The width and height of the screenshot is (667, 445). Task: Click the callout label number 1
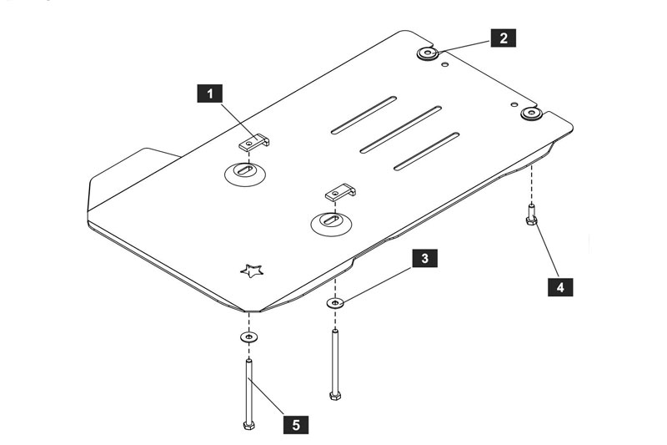point(210,94)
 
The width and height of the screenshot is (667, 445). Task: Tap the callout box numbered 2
point(504,38)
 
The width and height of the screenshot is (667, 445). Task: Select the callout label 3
point(424,258)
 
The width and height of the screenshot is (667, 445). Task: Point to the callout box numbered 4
point(560,287)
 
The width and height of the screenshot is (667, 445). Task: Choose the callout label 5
point(296,424)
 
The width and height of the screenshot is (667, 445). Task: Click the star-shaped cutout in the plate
point(252,271)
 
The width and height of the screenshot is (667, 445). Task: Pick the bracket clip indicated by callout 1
point(254,143)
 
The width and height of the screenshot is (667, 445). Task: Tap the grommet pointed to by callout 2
point(428,53)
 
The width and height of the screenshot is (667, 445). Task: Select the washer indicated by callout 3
point(336,303)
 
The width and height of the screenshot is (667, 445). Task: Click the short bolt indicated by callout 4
point(531,215)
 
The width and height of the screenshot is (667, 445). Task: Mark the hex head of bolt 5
point(248,426)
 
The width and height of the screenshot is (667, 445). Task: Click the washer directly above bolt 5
point(248,337)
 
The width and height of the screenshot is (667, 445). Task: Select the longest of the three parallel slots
point(401,129)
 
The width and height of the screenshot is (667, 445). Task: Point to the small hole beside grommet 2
point(445,64)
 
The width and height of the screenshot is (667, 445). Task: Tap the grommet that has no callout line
point(531,114)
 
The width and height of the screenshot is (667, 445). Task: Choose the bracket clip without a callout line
point(340,193)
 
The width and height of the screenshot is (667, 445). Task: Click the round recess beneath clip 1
point(245,174)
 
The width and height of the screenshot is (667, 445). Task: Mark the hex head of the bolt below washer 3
point(335,396)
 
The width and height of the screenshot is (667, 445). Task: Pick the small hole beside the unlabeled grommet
point(514,104)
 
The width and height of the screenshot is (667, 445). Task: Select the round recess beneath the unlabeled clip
point(331,224)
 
